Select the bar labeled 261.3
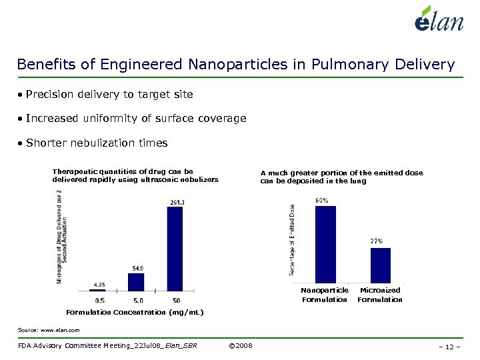pos(175,249)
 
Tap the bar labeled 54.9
pos(136,282)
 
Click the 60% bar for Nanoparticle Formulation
pos(325,244)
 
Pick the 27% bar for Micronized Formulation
pos(380,265)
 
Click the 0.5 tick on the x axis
pos(100,301)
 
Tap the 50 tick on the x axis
pos(175,301)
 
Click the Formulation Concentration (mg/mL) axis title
pos(135,312)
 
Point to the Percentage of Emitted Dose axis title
pos(292,240)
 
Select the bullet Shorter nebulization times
pos(97,143)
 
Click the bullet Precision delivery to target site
pos(109,95)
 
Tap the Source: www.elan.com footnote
pos(49,330)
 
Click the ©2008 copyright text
pos(239,345)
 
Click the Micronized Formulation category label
pos(380,295)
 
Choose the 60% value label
pos(321,200)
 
